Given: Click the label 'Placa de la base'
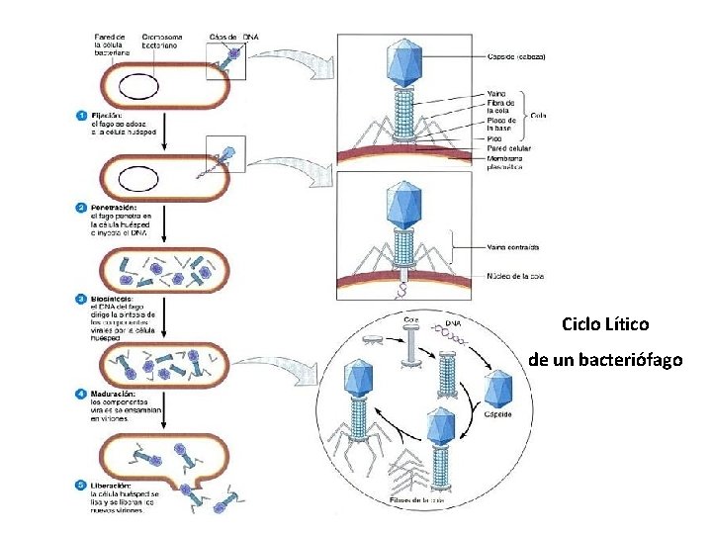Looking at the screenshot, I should (501, 125).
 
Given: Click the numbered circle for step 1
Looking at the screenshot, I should (81, 115).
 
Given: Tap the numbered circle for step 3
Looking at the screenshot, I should (81, 298).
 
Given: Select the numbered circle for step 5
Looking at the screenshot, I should (81, 485).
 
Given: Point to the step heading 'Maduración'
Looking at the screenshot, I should (115, 394).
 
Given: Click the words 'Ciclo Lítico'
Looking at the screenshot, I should (605, 324).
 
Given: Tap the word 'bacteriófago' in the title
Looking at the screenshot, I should (634, 360).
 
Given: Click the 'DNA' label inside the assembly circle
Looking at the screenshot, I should (452, 322).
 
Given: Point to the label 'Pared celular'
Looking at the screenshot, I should (508, 148).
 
